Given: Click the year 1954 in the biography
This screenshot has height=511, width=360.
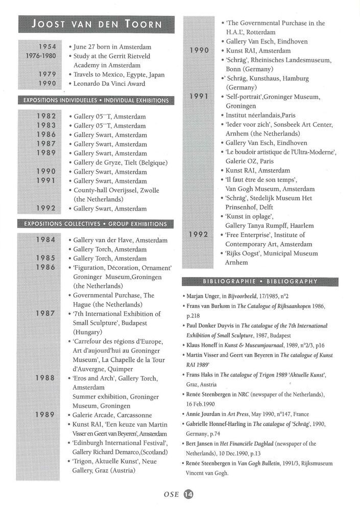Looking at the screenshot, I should [46, 47].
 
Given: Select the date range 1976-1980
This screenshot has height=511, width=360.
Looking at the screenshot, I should [41, 56].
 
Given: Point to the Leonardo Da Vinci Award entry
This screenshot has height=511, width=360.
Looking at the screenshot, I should [109, 83].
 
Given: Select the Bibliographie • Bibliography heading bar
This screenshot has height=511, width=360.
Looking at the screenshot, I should [260, 281].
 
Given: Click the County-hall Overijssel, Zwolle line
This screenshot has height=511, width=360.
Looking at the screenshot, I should [116, 190].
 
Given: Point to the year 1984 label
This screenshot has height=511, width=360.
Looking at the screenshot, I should [46, 240].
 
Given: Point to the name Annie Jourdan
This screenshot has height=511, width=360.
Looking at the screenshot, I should [204, 414].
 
